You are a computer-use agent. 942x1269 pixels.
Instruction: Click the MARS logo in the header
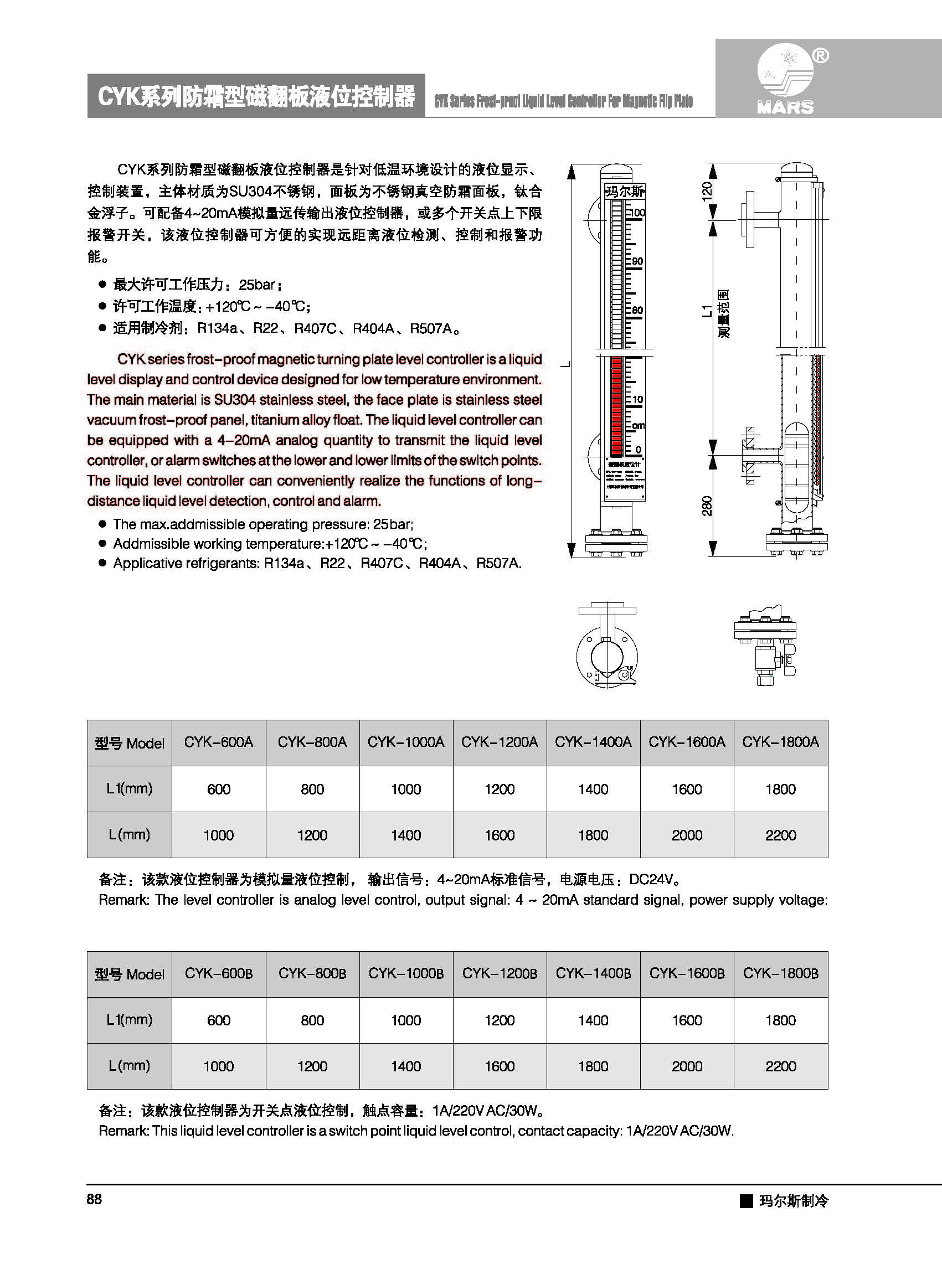point(785,80)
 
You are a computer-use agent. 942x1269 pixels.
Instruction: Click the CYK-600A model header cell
point(218,742)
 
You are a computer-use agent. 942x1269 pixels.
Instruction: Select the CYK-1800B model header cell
point(780,973)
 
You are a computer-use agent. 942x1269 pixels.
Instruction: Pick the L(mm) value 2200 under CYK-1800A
point(780,835)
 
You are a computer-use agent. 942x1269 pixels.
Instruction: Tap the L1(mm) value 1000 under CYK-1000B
point(405,1020)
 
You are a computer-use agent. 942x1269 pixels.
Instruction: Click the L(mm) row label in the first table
point(130,834)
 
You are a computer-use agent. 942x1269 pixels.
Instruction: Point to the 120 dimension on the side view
point(707,191)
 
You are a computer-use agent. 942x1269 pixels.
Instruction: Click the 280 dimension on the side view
point(707,505)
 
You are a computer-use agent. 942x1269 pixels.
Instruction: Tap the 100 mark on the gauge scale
point(637,213)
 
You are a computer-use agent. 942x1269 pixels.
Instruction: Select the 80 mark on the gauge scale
point(637,310)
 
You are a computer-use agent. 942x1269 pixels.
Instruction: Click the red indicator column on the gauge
point(616,405)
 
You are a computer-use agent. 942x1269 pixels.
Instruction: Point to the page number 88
point(94,1199)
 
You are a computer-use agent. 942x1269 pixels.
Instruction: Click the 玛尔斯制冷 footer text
point(793,1201)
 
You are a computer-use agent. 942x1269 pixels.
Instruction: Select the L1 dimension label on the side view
point(707,311)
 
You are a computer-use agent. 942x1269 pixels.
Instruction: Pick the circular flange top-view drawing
point(607,656)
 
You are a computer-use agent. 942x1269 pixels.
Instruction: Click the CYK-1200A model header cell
point(500,742)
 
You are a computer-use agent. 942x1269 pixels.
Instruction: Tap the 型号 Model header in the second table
point(130,974)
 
